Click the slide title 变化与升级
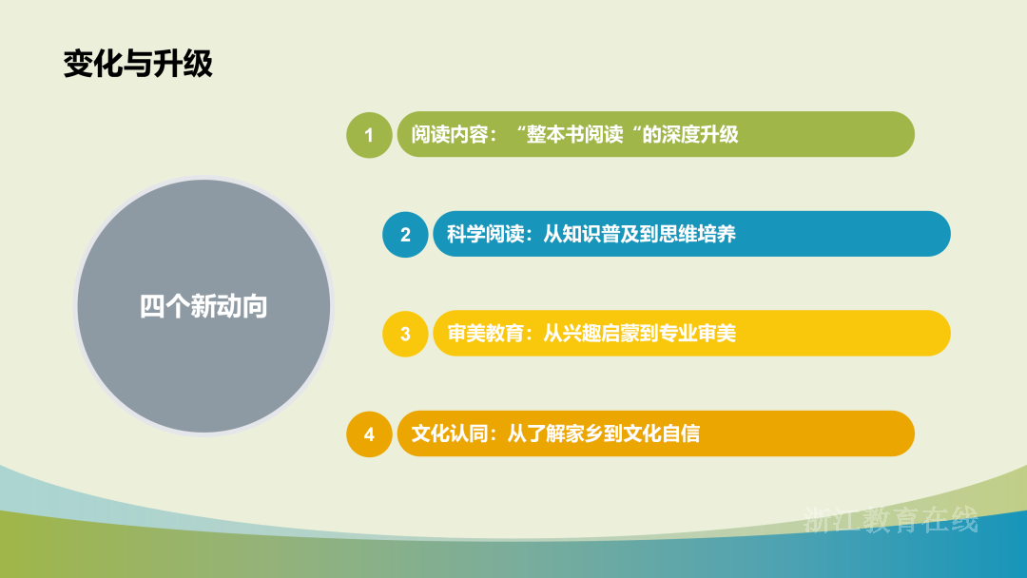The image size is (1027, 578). [x=138, y=64]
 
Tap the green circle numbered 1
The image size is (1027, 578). [x=369, y=135]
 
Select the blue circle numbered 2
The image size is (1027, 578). [x=405, y=235]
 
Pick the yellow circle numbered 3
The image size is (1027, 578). [x=405, y=334]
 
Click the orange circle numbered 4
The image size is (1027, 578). [x=369, y=433]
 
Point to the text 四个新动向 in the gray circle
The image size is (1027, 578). [x=203, y=306]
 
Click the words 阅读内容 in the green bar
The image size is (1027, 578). [x=449, y=134]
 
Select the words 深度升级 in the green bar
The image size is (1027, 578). [x=700, y=134]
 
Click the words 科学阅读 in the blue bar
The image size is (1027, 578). [x=485, y=234]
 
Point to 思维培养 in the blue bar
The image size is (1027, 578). [x=698, y=234]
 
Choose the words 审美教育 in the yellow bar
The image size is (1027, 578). [x=485, y=333]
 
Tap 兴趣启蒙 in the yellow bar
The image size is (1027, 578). [x=601, y=333]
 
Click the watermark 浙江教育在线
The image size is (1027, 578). [x=891, y=520]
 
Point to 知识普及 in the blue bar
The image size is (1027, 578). [x=601, y=234]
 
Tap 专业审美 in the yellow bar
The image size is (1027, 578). [x=698, y=333]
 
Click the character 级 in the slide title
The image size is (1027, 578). [x=199, y=64]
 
